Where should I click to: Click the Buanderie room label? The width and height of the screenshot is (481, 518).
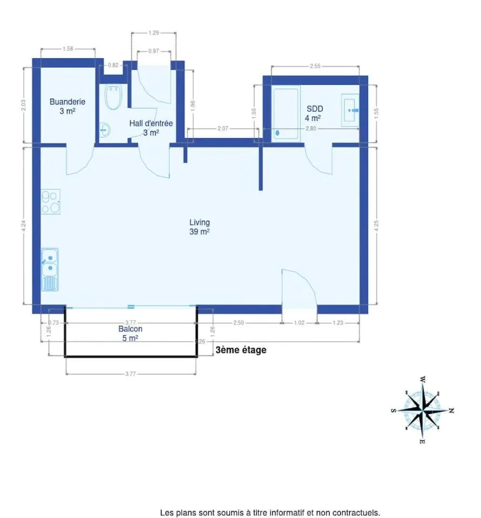68,102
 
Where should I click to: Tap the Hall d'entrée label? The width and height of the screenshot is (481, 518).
151,124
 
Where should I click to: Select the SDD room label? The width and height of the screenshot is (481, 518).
315,108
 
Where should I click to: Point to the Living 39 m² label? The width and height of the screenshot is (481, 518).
199,227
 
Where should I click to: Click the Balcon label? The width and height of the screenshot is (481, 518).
130,329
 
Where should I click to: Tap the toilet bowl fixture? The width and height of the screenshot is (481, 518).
113,97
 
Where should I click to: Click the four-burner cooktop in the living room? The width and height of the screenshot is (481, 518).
51,201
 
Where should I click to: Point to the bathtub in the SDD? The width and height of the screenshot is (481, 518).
286,114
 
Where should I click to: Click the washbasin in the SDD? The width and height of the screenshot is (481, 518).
350,110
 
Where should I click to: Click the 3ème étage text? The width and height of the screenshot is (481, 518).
241,350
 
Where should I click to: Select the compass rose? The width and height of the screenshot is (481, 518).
423,410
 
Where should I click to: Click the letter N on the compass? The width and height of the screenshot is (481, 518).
451,411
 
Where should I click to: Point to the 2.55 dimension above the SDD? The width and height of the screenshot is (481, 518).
315,66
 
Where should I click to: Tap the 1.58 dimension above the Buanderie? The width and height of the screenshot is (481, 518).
68,49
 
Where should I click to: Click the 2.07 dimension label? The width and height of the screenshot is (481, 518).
223,128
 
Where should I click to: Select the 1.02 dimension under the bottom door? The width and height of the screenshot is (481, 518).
299,323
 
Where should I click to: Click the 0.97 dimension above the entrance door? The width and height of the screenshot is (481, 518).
153,51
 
